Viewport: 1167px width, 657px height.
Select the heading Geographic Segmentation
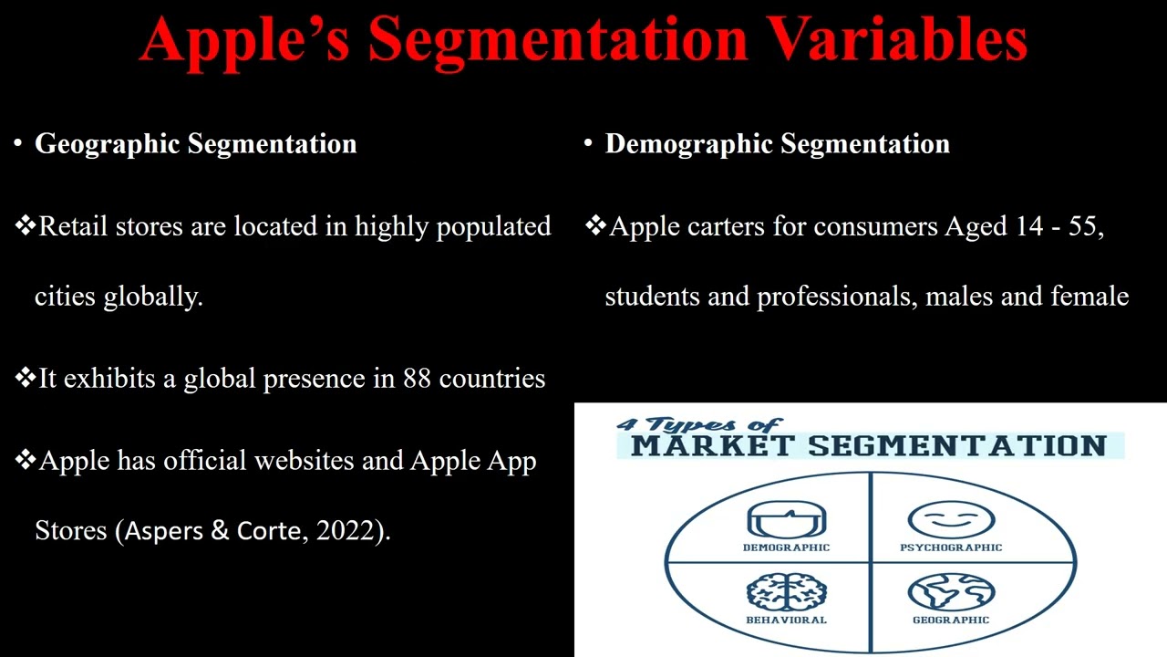pyautogui.click(x=195, y=144)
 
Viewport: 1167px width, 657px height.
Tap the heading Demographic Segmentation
pyautogui.click(x=777, y=144)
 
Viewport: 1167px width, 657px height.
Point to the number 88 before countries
pyautogui.click(x=417, y=379)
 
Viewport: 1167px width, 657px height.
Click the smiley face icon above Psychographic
pyautogui.click(x=950, y=520)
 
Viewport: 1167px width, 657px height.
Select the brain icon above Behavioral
pyautogui.click(x=786, y=593)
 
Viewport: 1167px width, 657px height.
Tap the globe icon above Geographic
pyautogui.click(x=950, y=593)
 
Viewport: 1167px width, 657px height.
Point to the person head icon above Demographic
pyautogui.click(x=786, y=520)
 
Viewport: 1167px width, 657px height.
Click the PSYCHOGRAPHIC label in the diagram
pyautogui.click(x=950, y=547)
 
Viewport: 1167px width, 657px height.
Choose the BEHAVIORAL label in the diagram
pyautogui.click(x=786, y=620)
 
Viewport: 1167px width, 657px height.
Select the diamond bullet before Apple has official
pyautogui.click(x=26, y=461)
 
